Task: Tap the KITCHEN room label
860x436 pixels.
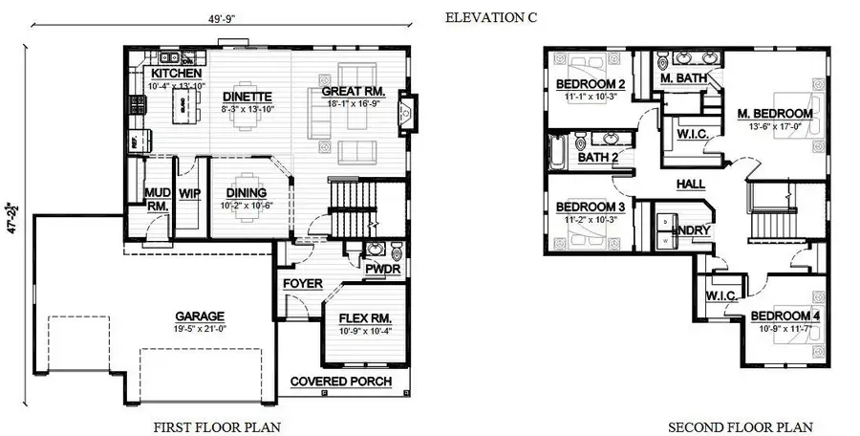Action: pyautogui.click(x=176, y=74)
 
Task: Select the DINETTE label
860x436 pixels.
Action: pyautogui.click(x=247, y=97)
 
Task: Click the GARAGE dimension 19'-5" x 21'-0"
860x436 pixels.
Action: pyautogui.click(x=199, y=329)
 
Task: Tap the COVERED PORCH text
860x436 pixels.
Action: pyautogui.click(x=341, y=381)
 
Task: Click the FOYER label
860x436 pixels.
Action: pyautogui.click(x=302, y=284)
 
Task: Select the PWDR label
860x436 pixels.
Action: pyautogui.click(x=383, y=269)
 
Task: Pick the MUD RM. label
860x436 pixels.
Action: pyautogui.click(x=157, y=198)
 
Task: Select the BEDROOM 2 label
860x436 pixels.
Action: pyautogui.click(x=591, y=84)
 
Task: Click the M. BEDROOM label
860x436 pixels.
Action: pyautogui.click(x=774, y=114)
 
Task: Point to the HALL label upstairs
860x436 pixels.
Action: pyautogui.click(x=690, y=184)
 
